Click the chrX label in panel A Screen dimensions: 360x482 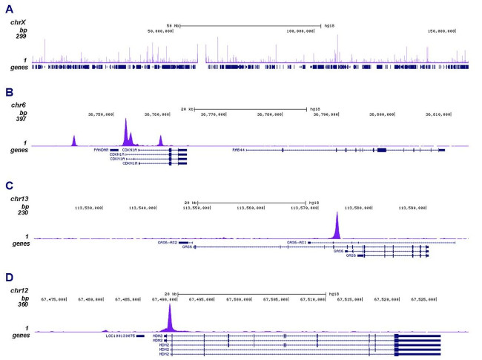(18, 22)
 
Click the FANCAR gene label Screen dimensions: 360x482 (101, 149)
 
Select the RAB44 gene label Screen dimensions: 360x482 (238, 149)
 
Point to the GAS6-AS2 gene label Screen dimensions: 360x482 (167, 242)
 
